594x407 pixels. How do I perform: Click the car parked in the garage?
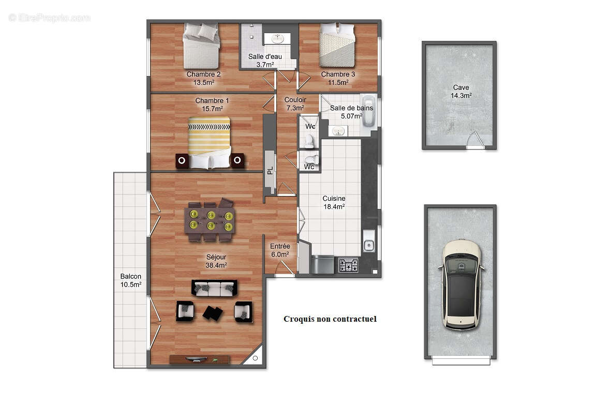point(460,284)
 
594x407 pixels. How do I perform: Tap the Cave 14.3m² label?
point(461,92)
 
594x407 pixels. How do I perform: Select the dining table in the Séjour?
point(210,220)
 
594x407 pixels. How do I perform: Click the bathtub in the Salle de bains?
point(368,111)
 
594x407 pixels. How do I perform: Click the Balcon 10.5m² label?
point(130,280)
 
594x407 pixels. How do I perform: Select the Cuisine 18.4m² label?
point(334,202)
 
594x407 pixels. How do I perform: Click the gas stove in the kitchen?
point(348,265)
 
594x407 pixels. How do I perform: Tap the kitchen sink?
point(368,243)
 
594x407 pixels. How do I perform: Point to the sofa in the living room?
point(214,289)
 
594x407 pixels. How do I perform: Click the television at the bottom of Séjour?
point(199,359)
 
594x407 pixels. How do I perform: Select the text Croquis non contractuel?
point(330,319)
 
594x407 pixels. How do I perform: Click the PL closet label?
point(270,170)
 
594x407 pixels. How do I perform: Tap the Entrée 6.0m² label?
point(280,250)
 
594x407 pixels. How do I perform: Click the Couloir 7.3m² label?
point(295,104)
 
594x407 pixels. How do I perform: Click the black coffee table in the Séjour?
point(212,312)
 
